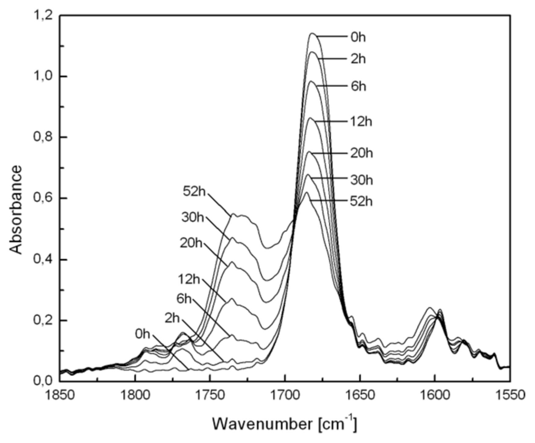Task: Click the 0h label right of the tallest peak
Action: coord(358,37)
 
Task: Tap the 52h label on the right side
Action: coord(361,202)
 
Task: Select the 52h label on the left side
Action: coord(194,192)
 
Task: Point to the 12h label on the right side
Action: coord(361,122)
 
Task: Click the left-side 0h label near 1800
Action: coord(142,334)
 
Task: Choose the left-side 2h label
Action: coord(172,318)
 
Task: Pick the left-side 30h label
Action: coord(193,218)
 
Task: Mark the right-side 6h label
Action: coord(358,86)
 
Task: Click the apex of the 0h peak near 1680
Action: coord(312,33)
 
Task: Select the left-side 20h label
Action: coord(191,243)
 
